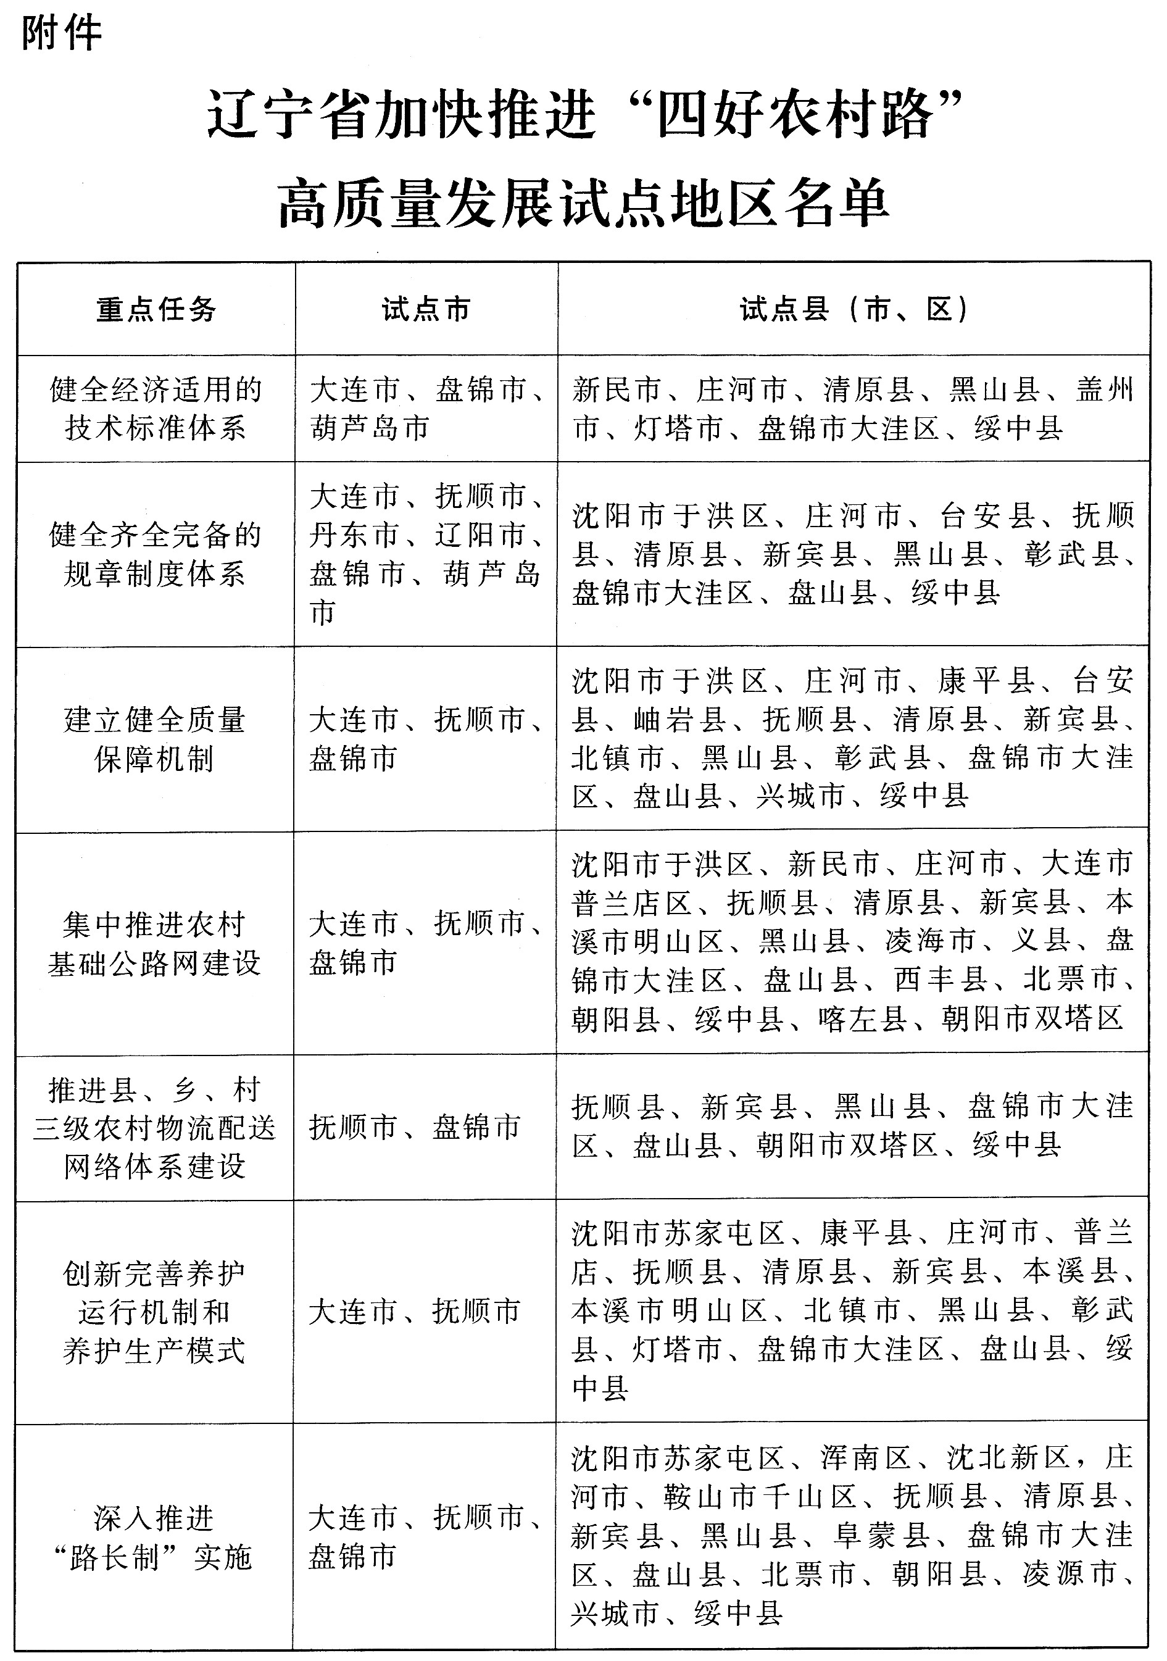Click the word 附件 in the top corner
(x=62, y=34)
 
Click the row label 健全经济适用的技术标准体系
(x=156, y=409)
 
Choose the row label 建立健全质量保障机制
(x=155, y=739)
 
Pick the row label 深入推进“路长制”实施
(x=154, y=1538)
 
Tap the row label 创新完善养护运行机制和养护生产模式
(x=154, y=1312)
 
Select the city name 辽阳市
(x=480, y=535)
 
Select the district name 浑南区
(x=865, y=1458)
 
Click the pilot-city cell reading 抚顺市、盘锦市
(x=415, y=1126)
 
